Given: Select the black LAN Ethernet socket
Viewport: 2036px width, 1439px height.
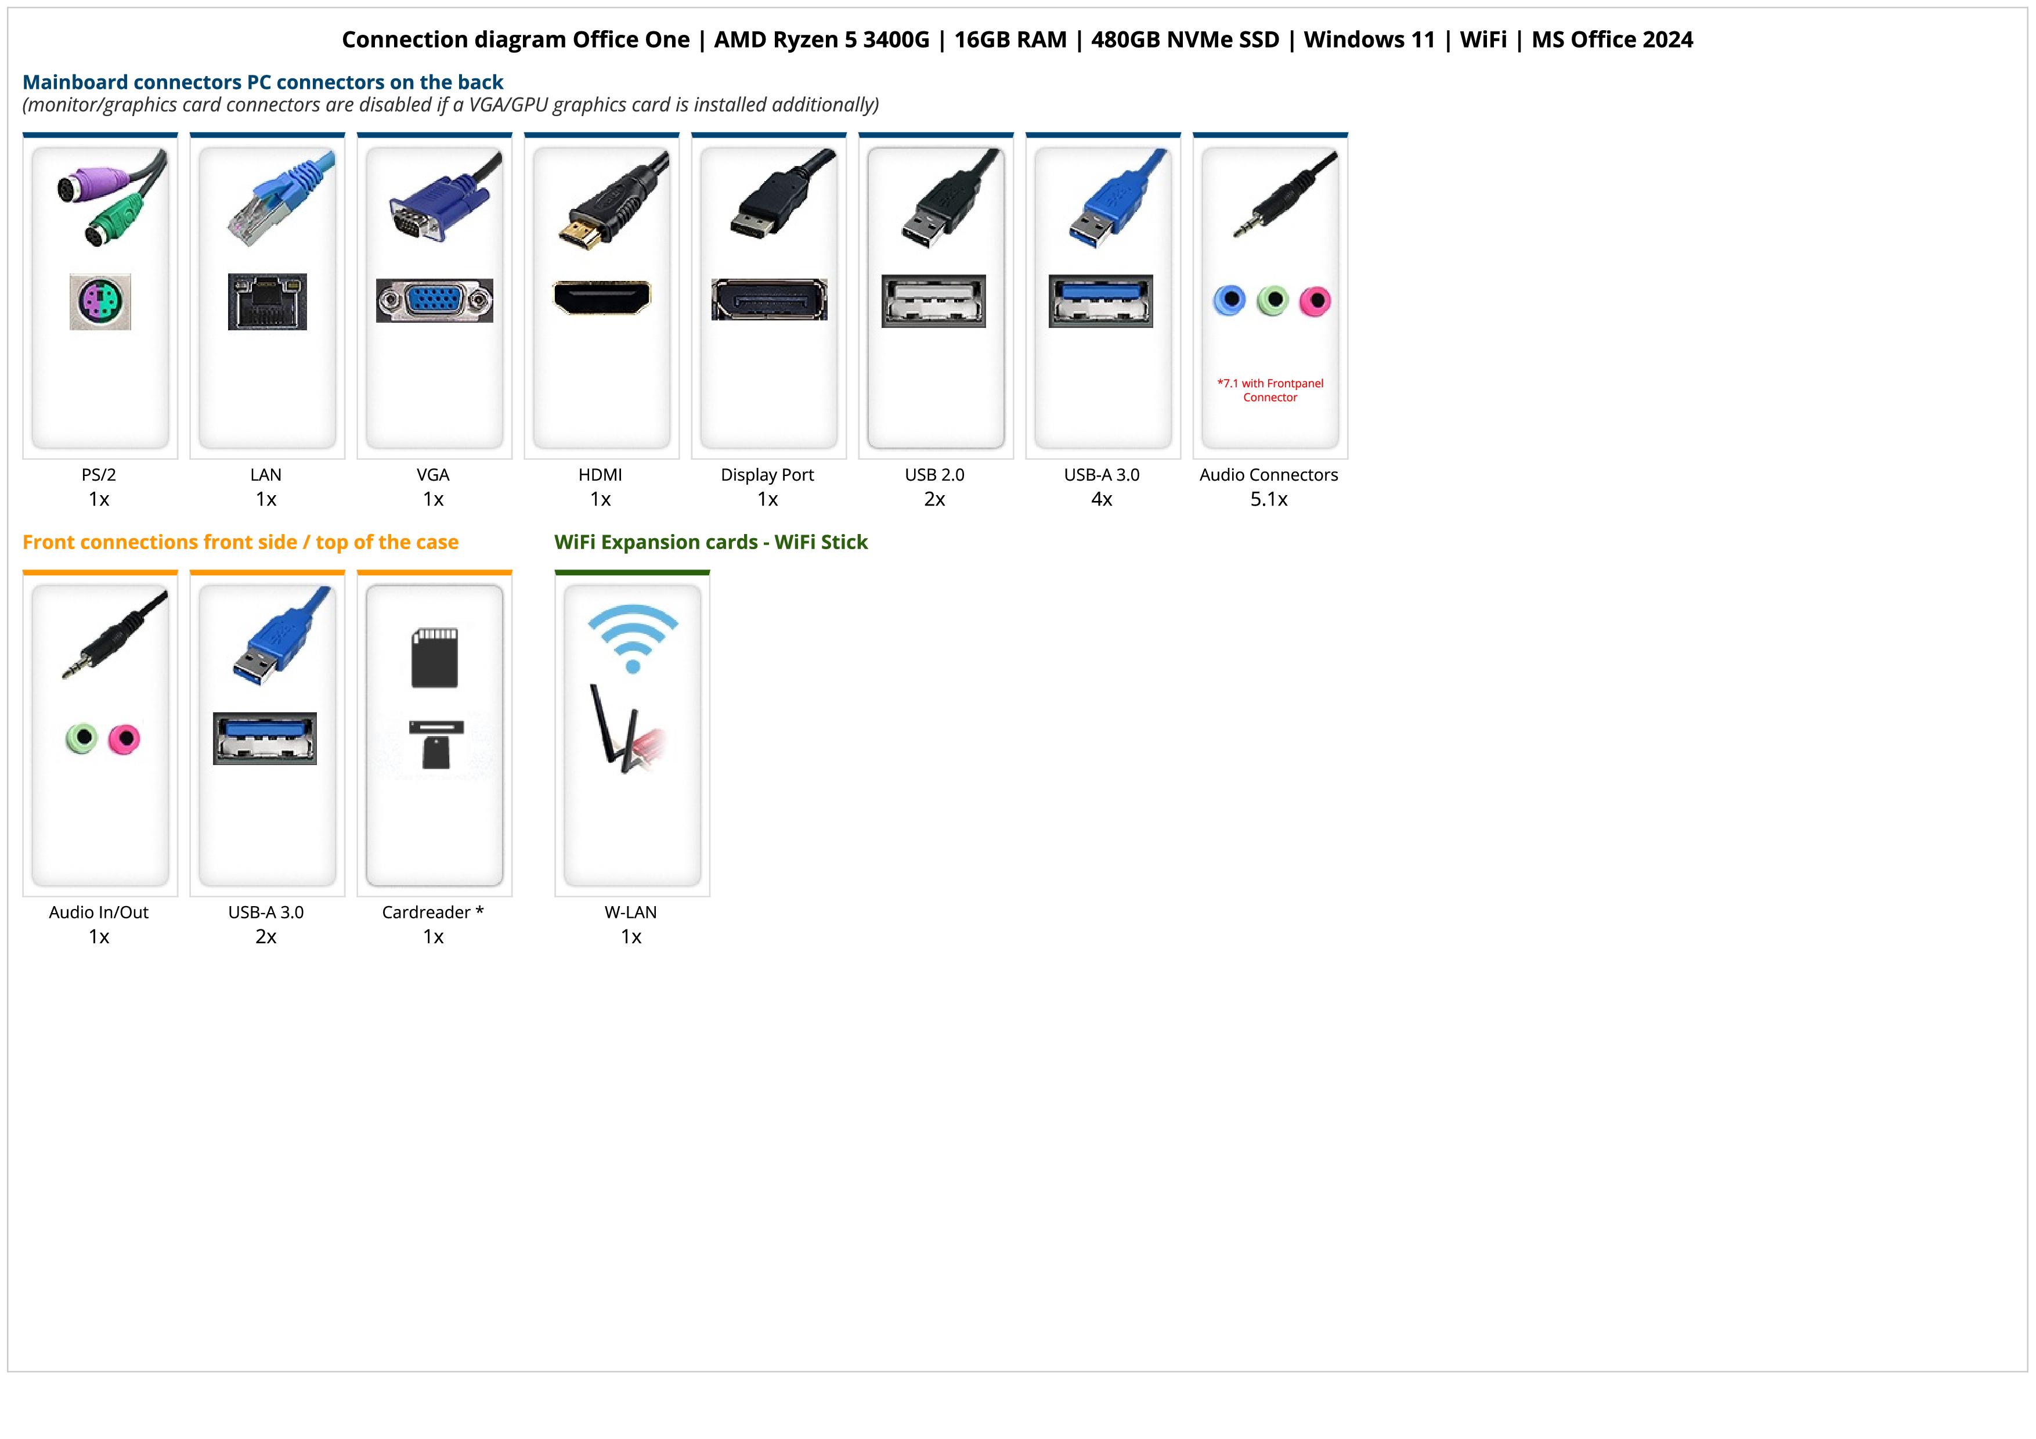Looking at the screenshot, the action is (267, 301).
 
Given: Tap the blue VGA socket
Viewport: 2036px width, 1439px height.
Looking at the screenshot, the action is (435, 301).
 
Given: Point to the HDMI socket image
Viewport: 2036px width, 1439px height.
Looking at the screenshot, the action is (601, 298).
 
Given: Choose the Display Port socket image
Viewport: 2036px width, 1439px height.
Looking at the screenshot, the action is (769, 300).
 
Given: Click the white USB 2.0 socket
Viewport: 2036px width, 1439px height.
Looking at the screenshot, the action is (934, 301).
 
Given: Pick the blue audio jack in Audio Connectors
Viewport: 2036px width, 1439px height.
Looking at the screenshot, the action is (1229, 301).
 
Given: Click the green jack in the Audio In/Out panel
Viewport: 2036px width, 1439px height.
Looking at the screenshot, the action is (82, 738).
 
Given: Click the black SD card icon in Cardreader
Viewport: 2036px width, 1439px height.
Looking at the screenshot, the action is (435, 658).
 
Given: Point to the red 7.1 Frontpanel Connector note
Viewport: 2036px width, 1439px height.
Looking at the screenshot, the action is (1270, 390).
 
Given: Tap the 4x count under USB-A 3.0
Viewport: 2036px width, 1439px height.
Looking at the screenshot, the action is (1102, 499).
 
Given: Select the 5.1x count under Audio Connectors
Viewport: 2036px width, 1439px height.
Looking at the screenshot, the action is (1269, 499).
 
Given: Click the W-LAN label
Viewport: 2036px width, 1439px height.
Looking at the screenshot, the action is (630, 913).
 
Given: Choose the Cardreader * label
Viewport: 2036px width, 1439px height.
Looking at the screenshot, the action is (433, 913).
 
